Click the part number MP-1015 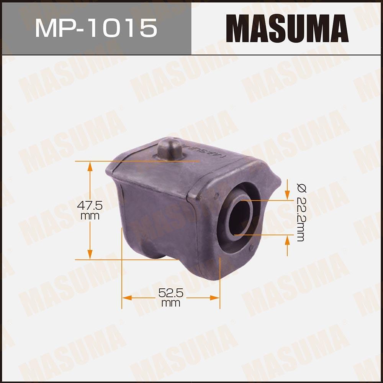[96, 28]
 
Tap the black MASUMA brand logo [287, 28]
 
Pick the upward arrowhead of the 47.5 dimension [90, 166]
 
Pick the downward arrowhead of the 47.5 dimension [90, 255]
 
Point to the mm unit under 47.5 [90, 216]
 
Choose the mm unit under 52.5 [171, 303]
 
